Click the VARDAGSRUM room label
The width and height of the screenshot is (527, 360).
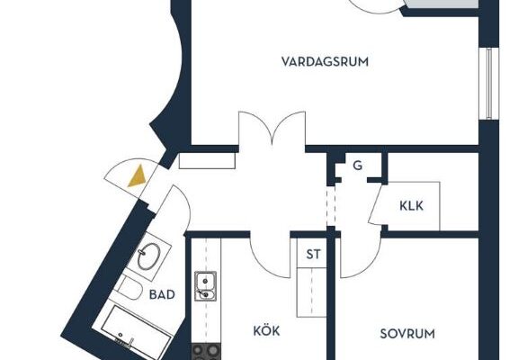pos(325,62)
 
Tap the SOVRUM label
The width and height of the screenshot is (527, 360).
pos(407,334)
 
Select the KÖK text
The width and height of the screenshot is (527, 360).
pos(266,330)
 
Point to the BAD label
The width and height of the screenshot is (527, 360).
pos(162,294)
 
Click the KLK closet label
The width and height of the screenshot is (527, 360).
pos(411,205)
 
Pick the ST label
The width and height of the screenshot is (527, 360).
pos(313,255)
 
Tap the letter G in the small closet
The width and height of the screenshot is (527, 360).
pos(358,166)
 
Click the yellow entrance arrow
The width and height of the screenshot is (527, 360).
pos(138,175)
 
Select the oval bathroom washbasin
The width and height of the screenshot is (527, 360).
pos(149,256)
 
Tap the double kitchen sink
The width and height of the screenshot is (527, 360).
pos(206,285)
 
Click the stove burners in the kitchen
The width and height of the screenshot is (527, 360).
pos(206,352)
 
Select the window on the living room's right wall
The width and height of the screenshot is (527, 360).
pos(489,84)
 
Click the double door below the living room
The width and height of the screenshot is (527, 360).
pos(272,130)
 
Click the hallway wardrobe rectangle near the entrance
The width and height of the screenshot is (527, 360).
pos(207,161)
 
